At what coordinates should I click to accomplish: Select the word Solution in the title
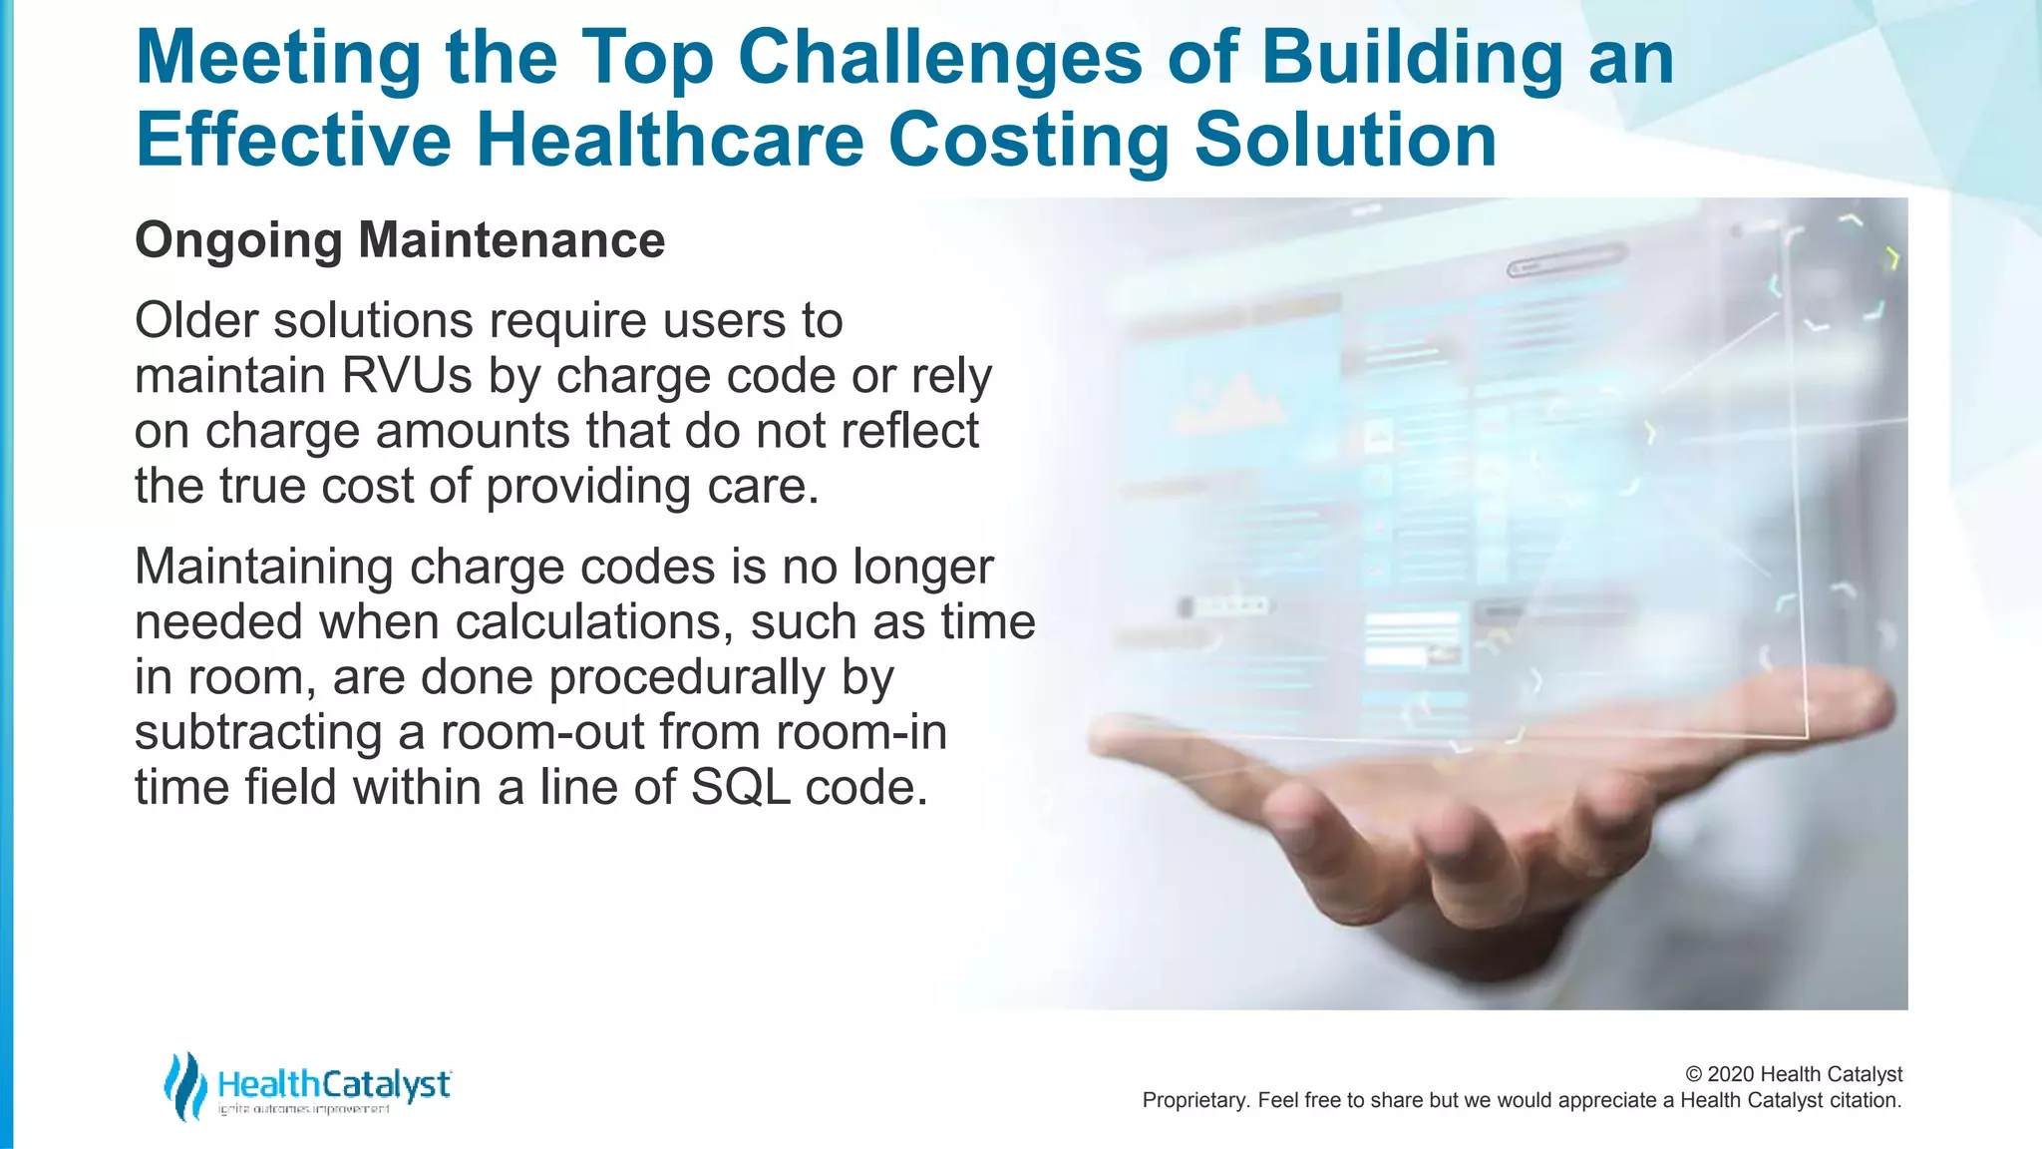tap(1345, 140)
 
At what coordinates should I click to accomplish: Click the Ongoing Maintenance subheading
tap(400, 240)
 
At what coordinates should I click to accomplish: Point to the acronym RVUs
tap(406, 376)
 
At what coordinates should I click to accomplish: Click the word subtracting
tap(258, 732)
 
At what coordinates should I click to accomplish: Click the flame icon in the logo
tap(184, 1086)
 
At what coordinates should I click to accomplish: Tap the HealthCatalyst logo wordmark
tap(333, 1084)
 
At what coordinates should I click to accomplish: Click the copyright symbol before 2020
tap(1693, 1074)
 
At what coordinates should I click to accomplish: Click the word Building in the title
tap(1411, 58)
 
